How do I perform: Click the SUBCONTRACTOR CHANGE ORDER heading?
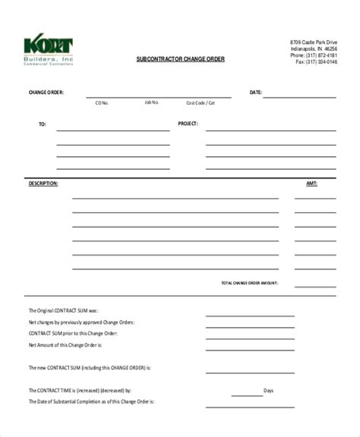[x=175, y=59]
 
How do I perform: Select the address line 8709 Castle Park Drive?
[x=314, y=41]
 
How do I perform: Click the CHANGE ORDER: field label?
[x=46, y=93]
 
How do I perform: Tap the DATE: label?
[x=256, y=93]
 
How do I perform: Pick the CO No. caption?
[x=102, y=102]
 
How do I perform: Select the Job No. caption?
[x=151, y=102]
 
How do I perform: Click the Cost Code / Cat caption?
[x=201, y=102]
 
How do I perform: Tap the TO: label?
[x=42, y=122]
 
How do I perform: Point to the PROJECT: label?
[x=188, y=122]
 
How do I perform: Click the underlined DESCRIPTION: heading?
[x=43, y=184]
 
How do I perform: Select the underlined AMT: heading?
[x=311, y=184]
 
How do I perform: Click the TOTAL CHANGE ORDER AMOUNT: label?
[x=249, y=282]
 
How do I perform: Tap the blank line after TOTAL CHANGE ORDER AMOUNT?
[x=314, y=286]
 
